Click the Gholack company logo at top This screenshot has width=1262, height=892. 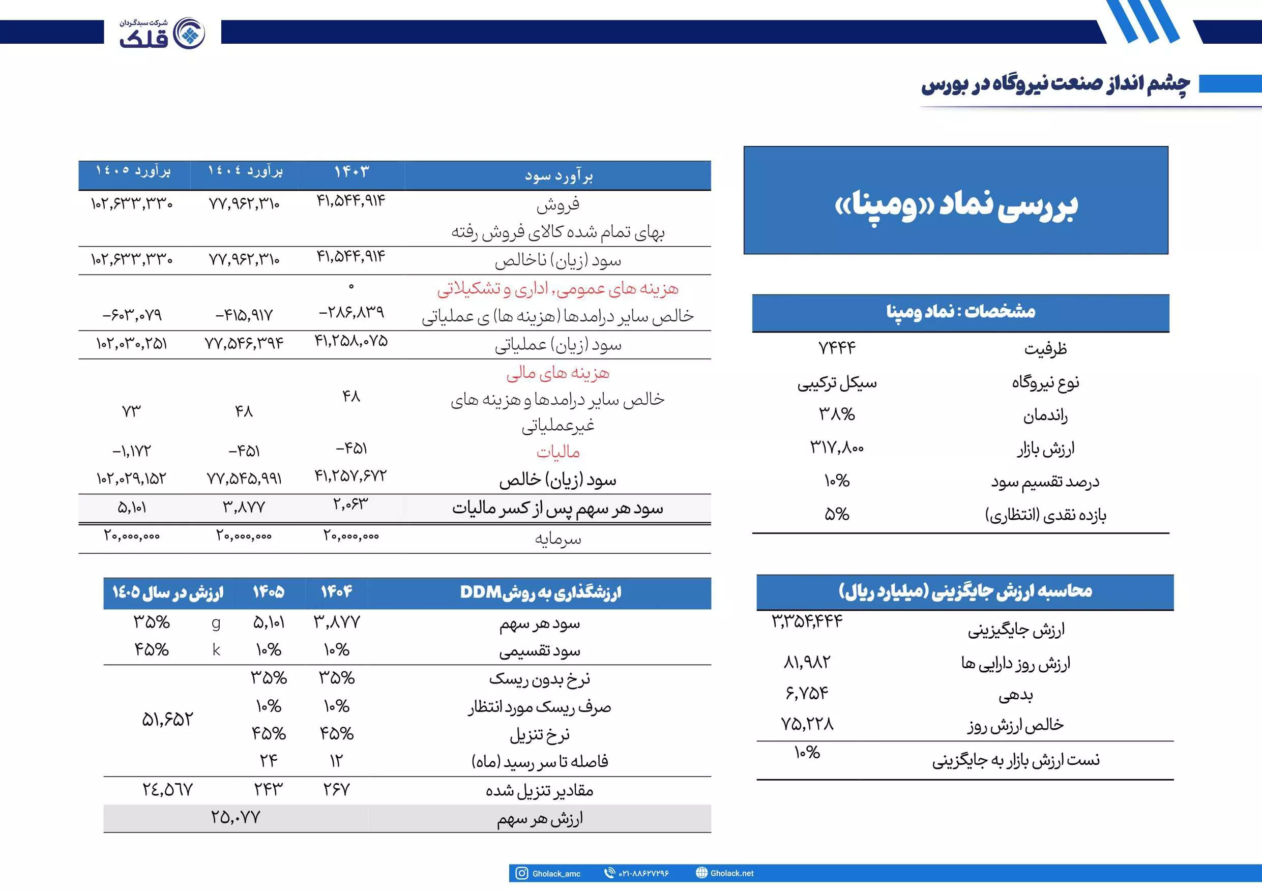pyautogui.click(x=162, y=33)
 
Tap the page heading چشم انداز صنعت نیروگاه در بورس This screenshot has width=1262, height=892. pyautogui.click(x=1055, y=84)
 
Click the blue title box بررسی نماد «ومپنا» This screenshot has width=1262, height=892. pyautogui.click(x=956, y=200)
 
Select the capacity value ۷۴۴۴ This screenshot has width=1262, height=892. pyautogui.click(x=837, y=348)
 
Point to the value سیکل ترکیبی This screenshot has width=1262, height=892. pyautogui.click(x=837, y=382)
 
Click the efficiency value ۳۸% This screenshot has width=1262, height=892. pyautogui.click(x=837, y=414)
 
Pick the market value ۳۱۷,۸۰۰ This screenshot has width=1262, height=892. pyautogui.click(x=837, y=448)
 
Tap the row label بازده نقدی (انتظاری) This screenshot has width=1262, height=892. pyautogui.click(x=1045, y=515)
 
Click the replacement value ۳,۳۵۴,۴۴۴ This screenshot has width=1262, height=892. pyautogui.click(x=807, y=621)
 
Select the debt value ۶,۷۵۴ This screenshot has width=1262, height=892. pyautogui.click(x=807, y=693)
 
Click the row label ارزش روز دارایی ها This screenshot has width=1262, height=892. pyautogui.click(x=1015, y=663)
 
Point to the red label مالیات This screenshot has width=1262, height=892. pyautogui.click(x=558, y=452)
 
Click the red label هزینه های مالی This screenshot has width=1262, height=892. pyautogui.click(x=557, y=373)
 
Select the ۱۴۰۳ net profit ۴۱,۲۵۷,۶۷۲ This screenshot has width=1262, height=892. pyautogui.click(x=350, y=475)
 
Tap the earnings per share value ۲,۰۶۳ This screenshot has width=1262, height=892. pyautogui.click(x=350, y=504)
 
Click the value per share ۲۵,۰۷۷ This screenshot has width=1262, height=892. pyautogui.click(x=235, y=817)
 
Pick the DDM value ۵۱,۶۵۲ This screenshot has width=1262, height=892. pyautogui.click(x=168, y=720)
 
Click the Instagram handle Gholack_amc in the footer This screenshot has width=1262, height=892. pyautogui.click(x=555, y=873)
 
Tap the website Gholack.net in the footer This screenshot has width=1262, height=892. pyautogui.click(x=731, y=873)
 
